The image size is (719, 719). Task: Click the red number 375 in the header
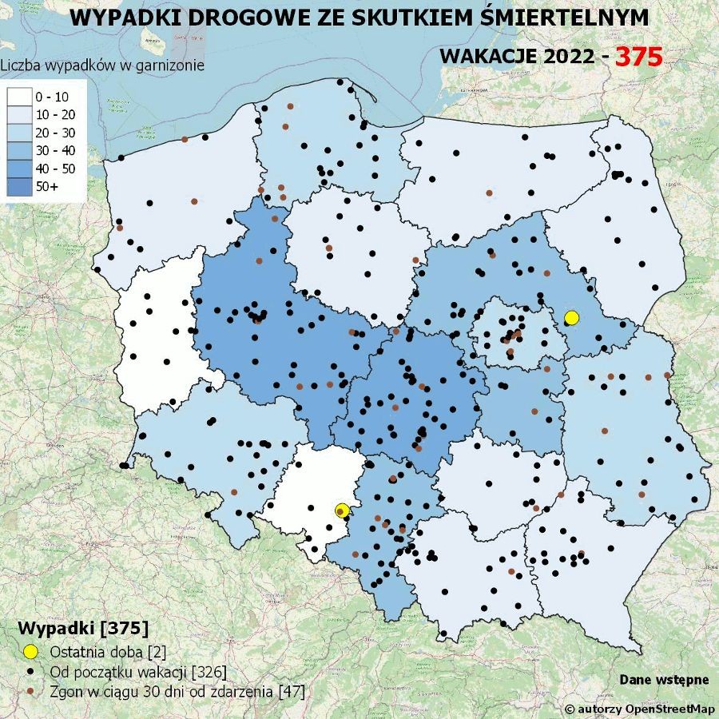[x=639, y=56]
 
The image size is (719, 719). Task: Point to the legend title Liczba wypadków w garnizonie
[x=102, y=66]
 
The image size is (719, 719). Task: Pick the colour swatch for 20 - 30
[x=18, y=133]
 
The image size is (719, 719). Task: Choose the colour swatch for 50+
[x=18, y=185]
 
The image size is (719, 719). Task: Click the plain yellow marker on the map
[x=571, y=318]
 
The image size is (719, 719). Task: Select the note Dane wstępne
[x=664, y=679]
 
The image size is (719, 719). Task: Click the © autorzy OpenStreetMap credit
[x=639, y=709]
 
